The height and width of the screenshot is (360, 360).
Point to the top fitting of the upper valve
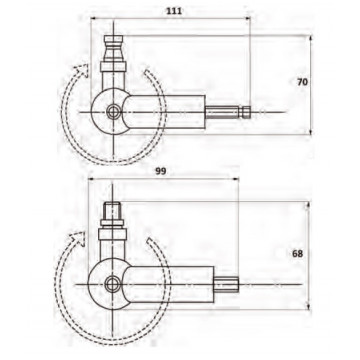coord(114,48)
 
